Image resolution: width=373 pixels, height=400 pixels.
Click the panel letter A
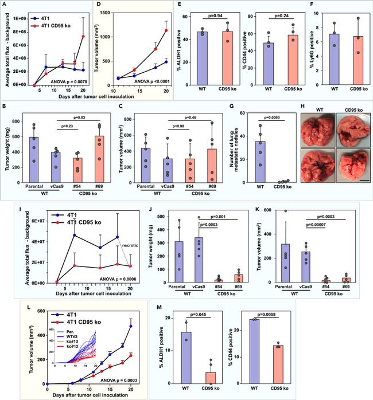pos(5,5)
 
